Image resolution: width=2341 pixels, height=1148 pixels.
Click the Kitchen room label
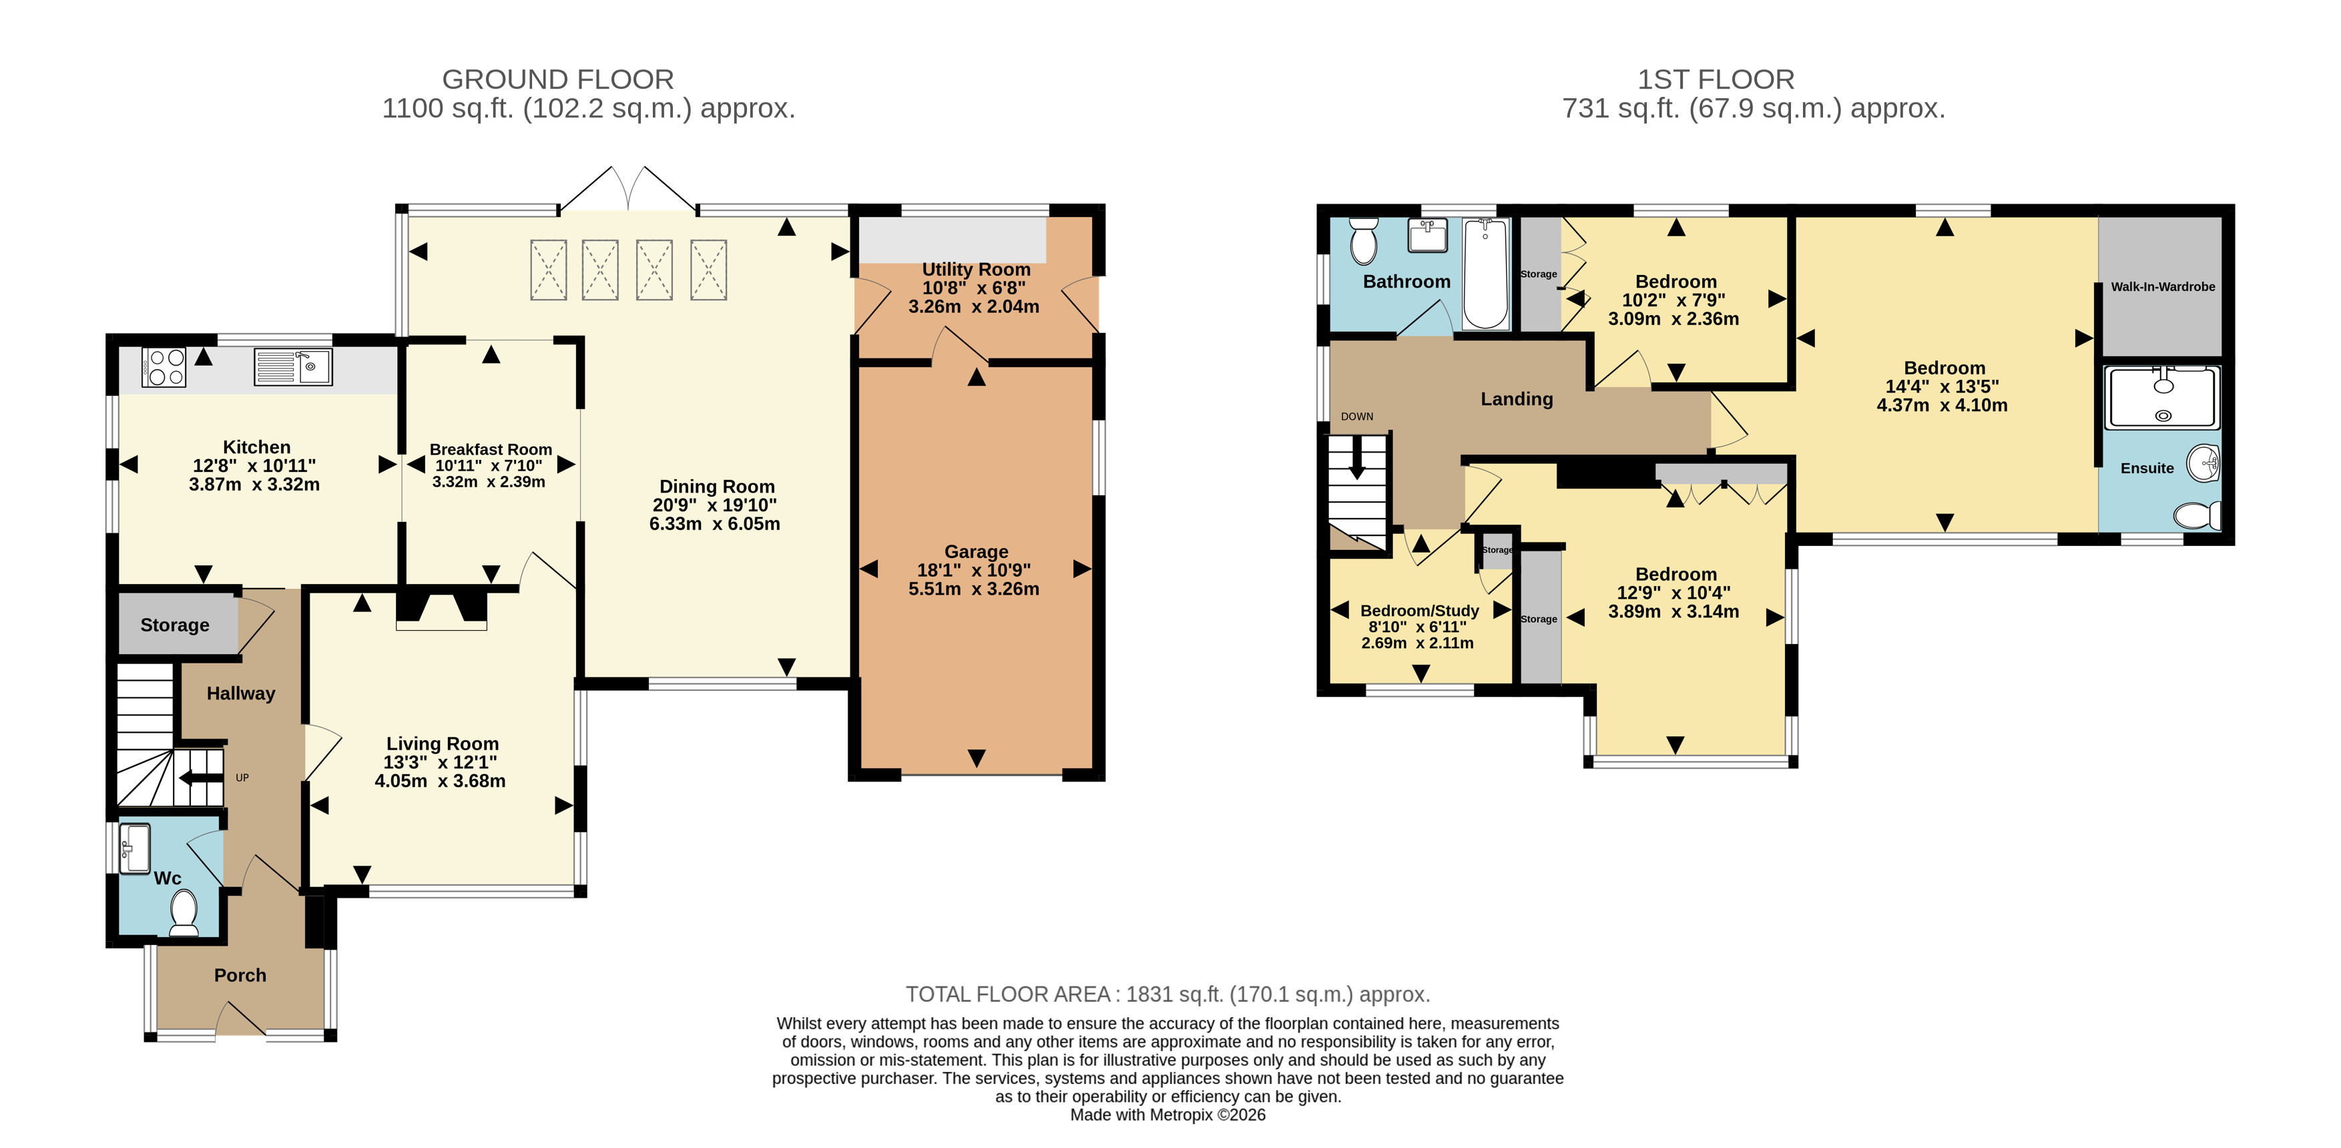[x=256, y=447]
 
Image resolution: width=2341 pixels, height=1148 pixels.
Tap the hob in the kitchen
[x=164, y=367]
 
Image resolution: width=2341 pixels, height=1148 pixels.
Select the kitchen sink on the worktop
[x=292, y=367]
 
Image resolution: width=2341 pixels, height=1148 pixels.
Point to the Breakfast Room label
[x=491, y=449]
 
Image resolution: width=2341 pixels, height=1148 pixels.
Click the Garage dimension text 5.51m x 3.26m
[x=974, y=589]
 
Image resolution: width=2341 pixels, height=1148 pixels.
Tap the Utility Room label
[x=976, y=270]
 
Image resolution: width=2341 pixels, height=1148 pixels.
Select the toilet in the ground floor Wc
[x=184, y=912]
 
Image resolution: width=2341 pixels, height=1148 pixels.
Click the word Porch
[x=240, y=975]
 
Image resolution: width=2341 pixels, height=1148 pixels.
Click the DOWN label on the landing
[x=1357, y=417]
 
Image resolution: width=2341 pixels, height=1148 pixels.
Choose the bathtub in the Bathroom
[x=1485, y=274]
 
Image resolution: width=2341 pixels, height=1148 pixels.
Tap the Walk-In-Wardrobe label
[x=2163, y=287]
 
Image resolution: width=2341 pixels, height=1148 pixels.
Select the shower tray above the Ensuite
[x=2163, y=396]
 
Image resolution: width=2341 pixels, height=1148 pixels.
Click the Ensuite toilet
[x=2197, y=515]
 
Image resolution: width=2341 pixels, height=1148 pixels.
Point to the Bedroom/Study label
[x=1420, y=611]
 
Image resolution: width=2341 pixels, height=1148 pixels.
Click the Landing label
[x=1517, y=399]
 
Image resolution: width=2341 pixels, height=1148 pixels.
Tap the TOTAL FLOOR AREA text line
[x=1167, y=994]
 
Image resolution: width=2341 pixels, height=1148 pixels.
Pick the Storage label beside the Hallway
[x=174, y=625]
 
